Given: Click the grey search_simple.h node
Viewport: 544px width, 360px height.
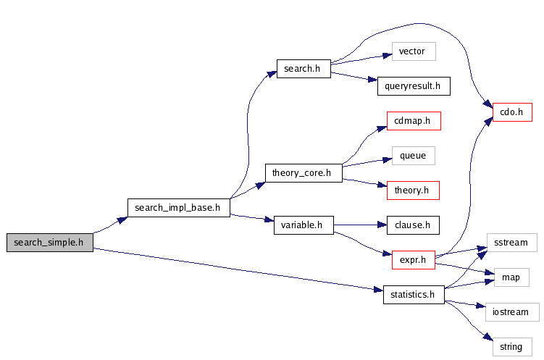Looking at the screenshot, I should (x=50, y=243).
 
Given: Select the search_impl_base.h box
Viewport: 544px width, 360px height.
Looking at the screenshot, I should (x=178, y=207).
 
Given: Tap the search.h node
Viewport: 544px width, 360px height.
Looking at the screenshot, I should (x=303, y=69).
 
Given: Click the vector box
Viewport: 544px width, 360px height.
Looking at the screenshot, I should (x=412, y=51).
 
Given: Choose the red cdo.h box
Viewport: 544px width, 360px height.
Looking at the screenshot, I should (x=513, y=112).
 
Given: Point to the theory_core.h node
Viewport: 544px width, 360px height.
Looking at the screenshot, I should (x=303, y=173).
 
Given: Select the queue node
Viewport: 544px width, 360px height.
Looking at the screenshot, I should (x=413, y=156).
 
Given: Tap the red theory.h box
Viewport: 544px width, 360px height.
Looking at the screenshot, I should (x=413, y=191).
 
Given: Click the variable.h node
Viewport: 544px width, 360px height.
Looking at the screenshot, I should (x=303, y=225).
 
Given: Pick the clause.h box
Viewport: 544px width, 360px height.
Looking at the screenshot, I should (x=413, y=225).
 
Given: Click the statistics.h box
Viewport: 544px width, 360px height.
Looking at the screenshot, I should (x=413, y=295).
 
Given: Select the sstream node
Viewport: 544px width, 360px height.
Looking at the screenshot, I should (x=511, y=243).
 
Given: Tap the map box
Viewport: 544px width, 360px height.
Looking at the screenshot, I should (x=511, y=277).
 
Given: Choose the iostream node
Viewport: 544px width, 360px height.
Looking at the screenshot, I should (x=512, y=312).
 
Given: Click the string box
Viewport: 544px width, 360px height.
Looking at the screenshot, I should (x=511, y=347).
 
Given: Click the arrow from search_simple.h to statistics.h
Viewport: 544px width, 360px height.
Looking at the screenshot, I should (x=239, y=270).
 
